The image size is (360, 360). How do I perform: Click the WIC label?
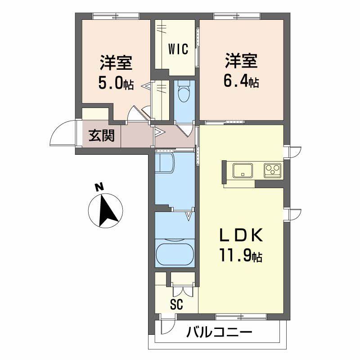(x=178, y=49)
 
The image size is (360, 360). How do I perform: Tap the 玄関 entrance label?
(x=102, y=135)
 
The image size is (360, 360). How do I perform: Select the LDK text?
(x=241, y=235)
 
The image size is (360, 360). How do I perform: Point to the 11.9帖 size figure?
(x=241, y=255)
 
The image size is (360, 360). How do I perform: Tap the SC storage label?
(x=177, y=305)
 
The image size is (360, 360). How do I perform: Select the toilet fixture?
(x=184, y=91)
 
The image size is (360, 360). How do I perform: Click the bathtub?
(x=175, y=253)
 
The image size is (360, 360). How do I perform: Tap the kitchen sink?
(x=243, y=170)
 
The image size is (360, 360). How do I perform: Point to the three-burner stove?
(x=273, y=170)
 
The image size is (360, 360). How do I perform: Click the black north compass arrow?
(x=108, y=210)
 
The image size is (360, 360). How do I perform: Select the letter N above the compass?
(x=99, y=187)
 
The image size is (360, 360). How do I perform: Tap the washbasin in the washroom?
(x=165, y=163)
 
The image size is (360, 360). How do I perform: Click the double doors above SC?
(x=183, y=291)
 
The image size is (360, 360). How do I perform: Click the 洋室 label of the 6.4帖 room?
(x=241, y=61)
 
